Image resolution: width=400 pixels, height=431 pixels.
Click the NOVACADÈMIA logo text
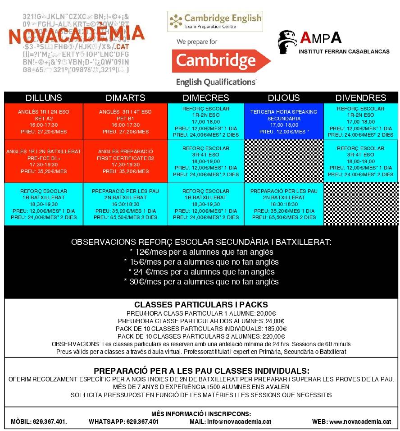[x=77, y=35]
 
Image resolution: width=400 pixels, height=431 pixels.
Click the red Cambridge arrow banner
[x=221, y=61]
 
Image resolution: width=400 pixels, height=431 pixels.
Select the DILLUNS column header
[x=44, y=98]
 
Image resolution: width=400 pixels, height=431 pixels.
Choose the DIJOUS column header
[x=284, y=98]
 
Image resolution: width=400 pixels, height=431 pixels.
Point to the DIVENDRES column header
[x=361, y=98]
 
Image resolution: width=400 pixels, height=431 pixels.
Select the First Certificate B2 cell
[x=125, y=161]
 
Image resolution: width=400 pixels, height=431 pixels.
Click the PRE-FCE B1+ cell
[x=44, y=161]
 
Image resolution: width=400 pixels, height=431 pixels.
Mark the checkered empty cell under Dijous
[x=284, y=161]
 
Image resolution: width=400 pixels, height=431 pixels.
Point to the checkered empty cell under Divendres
[x=361, y=204]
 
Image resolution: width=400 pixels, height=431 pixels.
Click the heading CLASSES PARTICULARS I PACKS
[x=201, y=305]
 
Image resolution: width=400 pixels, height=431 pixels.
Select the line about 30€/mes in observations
[x=201, y=282]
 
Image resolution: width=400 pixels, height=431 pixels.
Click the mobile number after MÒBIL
[x=50, y=422]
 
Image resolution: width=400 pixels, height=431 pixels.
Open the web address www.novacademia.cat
[x=359, y=422]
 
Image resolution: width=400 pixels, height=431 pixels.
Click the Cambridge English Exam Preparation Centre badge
[x=215, y=21]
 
